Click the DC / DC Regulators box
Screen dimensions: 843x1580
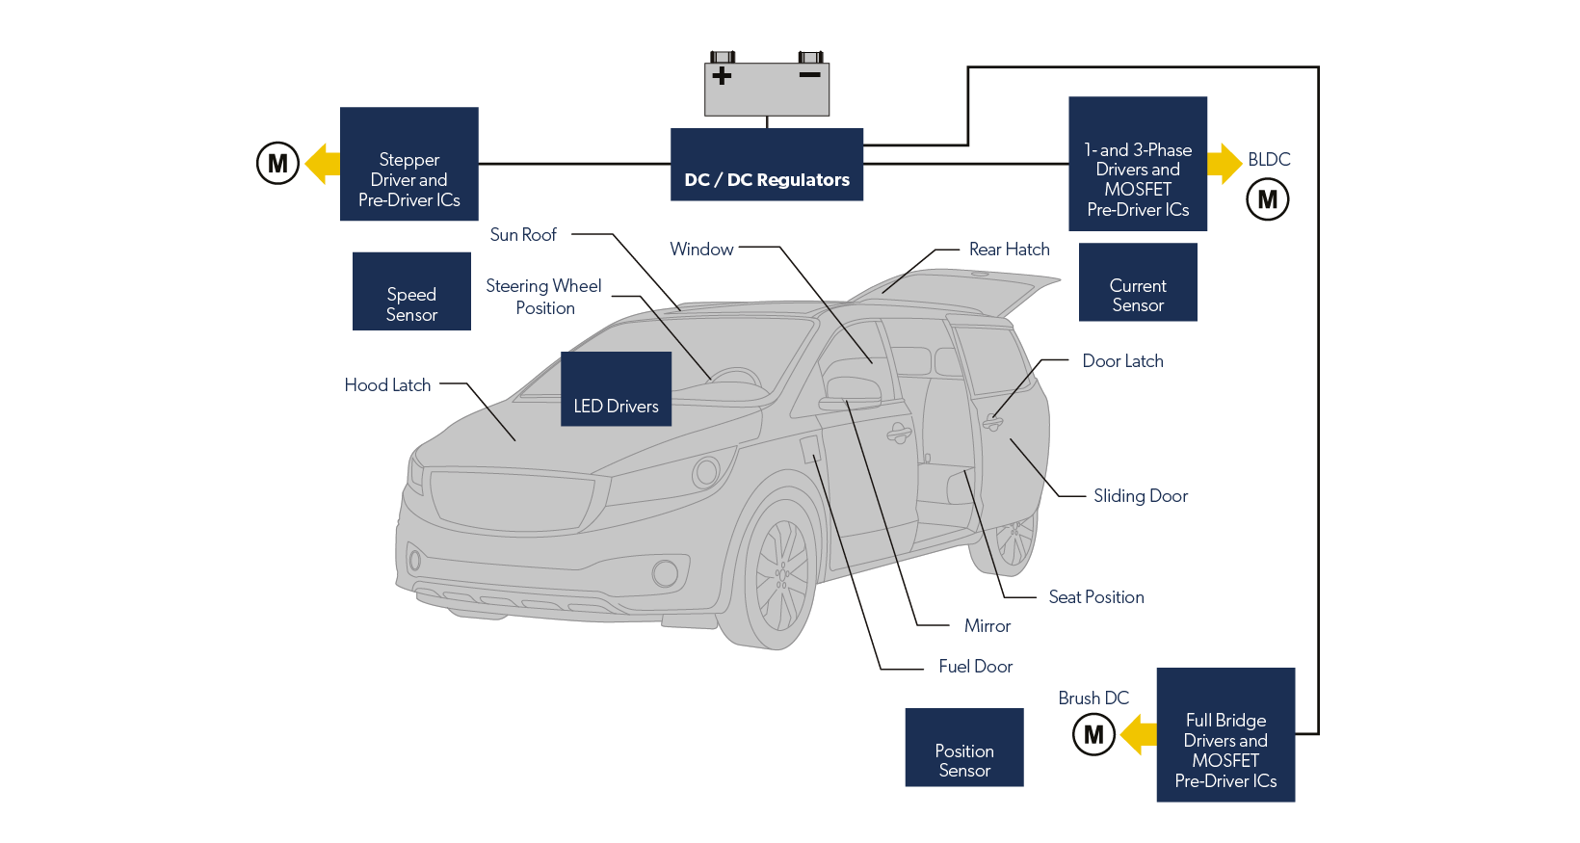[x=767, y=165]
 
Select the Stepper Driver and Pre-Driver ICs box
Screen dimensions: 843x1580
[x=409, y=165]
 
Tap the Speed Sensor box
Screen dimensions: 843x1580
[x=411, y=291]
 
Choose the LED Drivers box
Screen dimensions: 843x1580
[x=616, y=389]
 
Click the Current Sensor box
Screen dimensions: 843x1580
[x=1138, y=282]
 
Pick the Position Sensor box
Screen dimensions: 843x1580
[x=963, y=748]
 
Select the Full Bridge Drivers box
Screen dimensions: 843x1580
[x=1225, y=735]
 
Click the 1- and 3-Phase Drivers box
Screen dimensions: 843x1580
[x=1138, y=164]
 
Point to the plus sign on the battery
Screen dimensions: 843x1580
[x=722, y=76]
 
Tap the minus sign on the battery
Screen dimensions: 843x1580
[x=809, y=75]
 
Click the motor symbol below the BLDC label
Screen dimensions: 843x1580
[x=1268, y=199]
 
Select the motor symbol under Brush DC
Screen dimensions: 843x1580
[x=1093, y=734]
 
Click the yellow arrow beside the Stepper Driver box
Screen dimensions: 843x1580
[x=323, y=163]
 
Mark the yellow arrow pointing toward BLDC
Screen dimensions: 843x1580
[x=1224, y=163]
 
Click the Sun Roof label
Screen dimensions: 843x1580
[x=523, y=234]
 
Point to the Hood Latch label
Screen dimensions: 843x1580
[x=387, y=384]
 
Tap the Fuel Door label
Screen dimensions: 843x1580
[x=976, y=666]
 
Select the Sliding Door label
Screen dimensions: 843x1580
[x=1141, y=495]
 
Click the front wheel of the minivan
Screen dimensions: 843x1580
[x=780, y=574]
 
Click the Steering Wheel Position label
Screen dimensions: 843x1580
[x=544, y=297]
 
